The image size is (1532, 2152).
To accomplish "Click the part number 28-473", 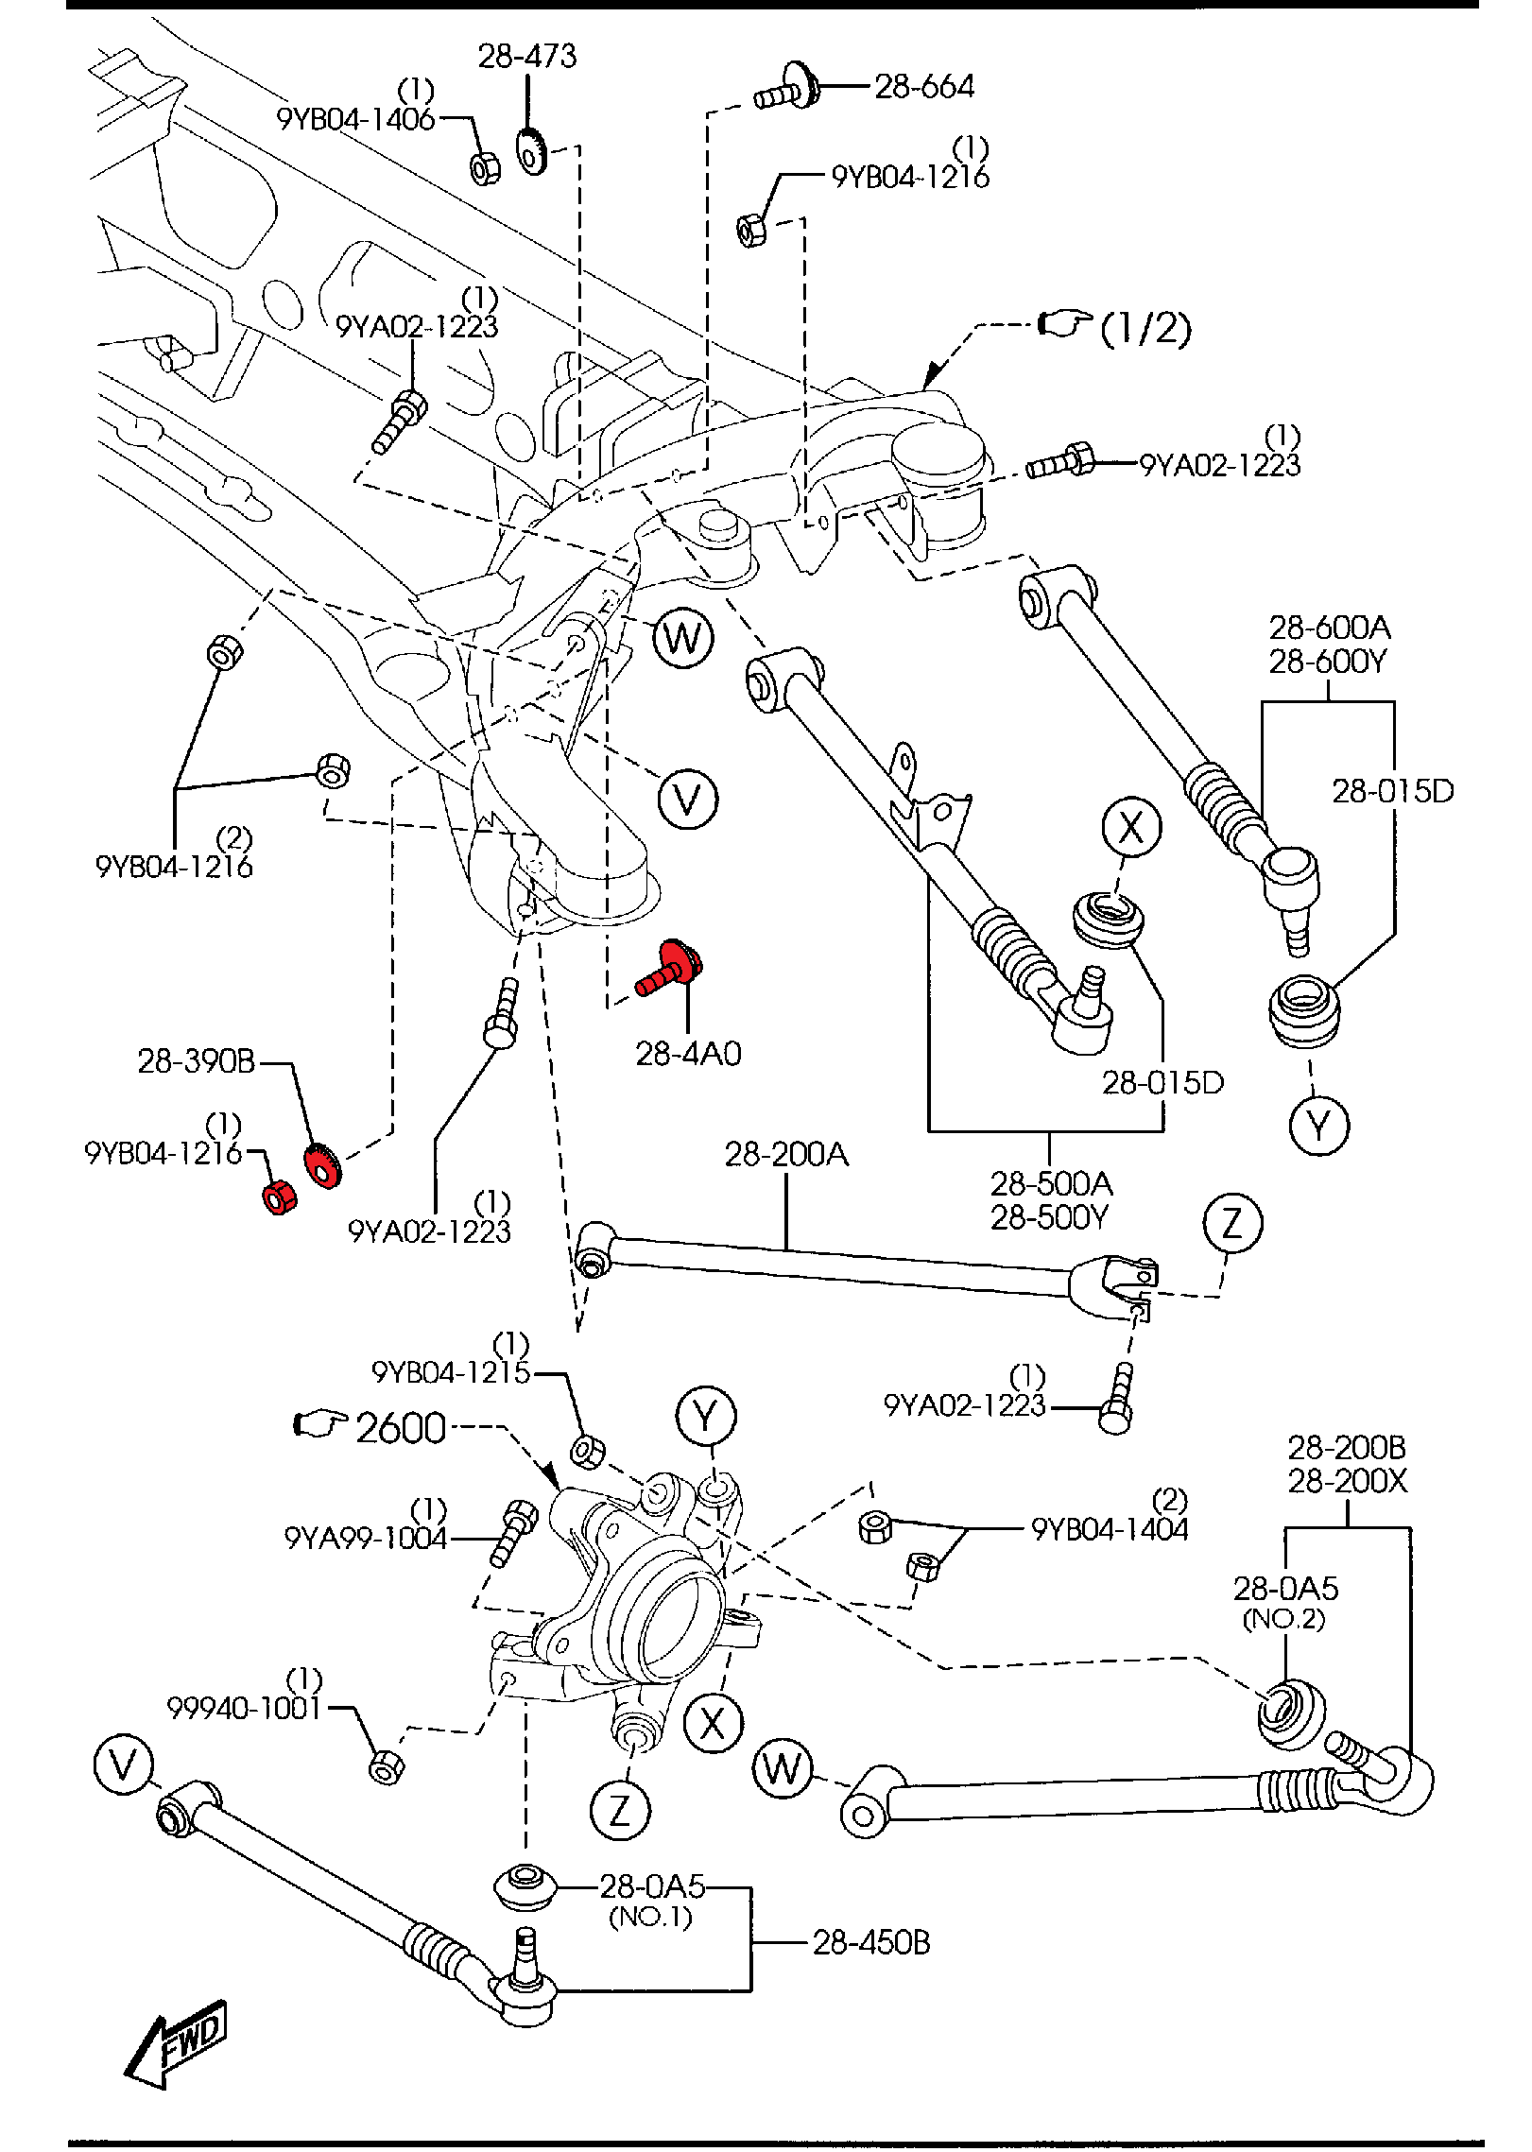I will [x=526, y=57].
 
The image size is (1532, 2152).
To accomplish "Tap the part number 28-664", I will [x=923, y=87].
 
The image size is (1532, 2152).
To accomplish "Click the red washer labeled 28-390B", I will [x=321, y=1164].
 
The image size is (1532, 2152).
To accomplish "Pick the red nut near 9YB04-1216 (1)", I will [x=279, y=1197].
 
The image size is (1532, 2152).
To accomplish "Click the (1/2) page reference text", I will [x=1145, y=328].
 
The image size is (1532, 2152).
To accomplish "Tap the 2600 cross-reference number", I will [x=401, y=1428].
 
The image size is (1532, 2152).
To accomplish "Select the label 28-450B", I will [x=870, y=1943].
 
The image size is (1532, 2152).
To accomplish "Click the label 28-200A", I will [x=786, y=1154].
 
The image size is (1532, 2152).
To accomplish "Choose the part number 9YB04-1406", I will [x=355, y=120].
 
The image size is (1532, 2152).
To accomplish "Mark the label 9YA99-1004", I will [x=365, y=1538].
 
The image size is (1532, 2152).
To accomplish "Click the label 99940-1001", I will [x=244, y=1709].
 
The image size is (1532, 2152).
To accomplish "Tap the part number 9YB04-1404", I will [x=1110, y=1529].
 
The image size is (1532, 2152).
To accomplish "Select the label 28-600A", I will [x=1329, y=628].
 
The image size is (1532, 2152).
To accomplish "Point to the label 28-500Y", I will [x=1048, y=1217].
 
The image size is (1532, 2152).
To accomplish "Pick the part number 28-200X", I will [x=1347, y=1481].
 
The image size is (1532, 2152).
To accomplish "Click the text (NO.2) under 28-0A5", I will [x=1283, y=1619].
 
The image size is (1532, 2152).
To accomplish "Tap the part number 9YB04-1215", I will [x=451, y=1372].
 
